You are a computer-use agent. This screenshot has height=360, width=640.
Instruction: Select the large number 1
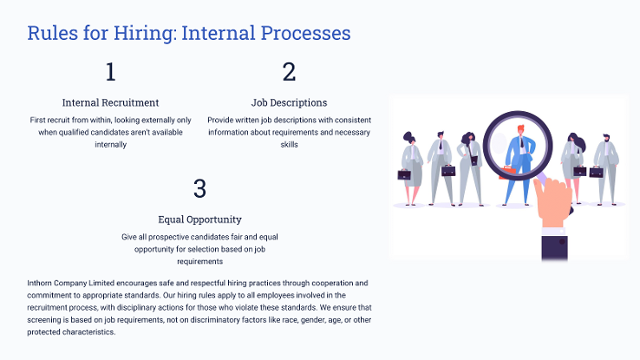pos(111,72)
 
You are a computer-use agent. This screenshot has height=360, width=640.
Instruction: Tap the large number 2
pos(289,72)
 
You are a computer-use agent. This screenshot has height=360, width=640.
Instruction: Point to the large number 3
pos(199,188)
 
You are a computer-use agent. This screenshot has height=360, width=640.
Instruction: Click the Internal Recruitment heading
pos(111,102)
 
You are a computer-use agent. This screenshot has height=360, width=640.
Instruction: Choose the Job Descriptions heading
pos(289,102)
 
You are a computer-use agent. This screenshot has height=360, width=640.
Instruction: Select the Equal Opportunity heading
pos(199,219)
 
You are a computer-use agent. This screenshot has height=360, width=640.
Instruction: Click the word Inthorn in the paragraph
pos(40,283)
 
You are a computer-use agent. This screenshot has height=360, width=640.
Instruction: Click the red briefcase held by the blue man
pos(506,173)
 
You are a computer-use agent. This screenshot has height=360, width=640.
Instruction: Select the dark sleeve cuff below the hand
pos(554,247)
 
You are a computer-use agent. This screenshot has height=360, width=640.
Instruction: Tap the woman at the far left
pos(411,168)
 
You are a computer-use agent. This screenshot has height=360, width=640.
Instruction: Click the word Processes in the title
pos(306,34)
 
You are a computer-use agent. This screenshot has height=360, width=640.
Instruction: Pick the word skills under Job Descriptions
pos(289,145)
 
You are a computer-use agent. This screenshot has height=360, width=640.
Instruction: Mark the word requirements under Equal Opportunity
pos(199,262)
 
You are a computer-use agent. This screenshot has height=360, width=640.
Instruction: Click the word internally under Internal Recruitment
pos(111,145)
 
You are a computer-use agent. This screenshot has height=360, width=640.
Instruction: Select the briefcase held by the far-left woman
pos(404,174)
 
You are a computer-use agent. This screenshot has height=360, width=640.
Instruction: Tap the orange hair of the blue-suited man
pos(521,128)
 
